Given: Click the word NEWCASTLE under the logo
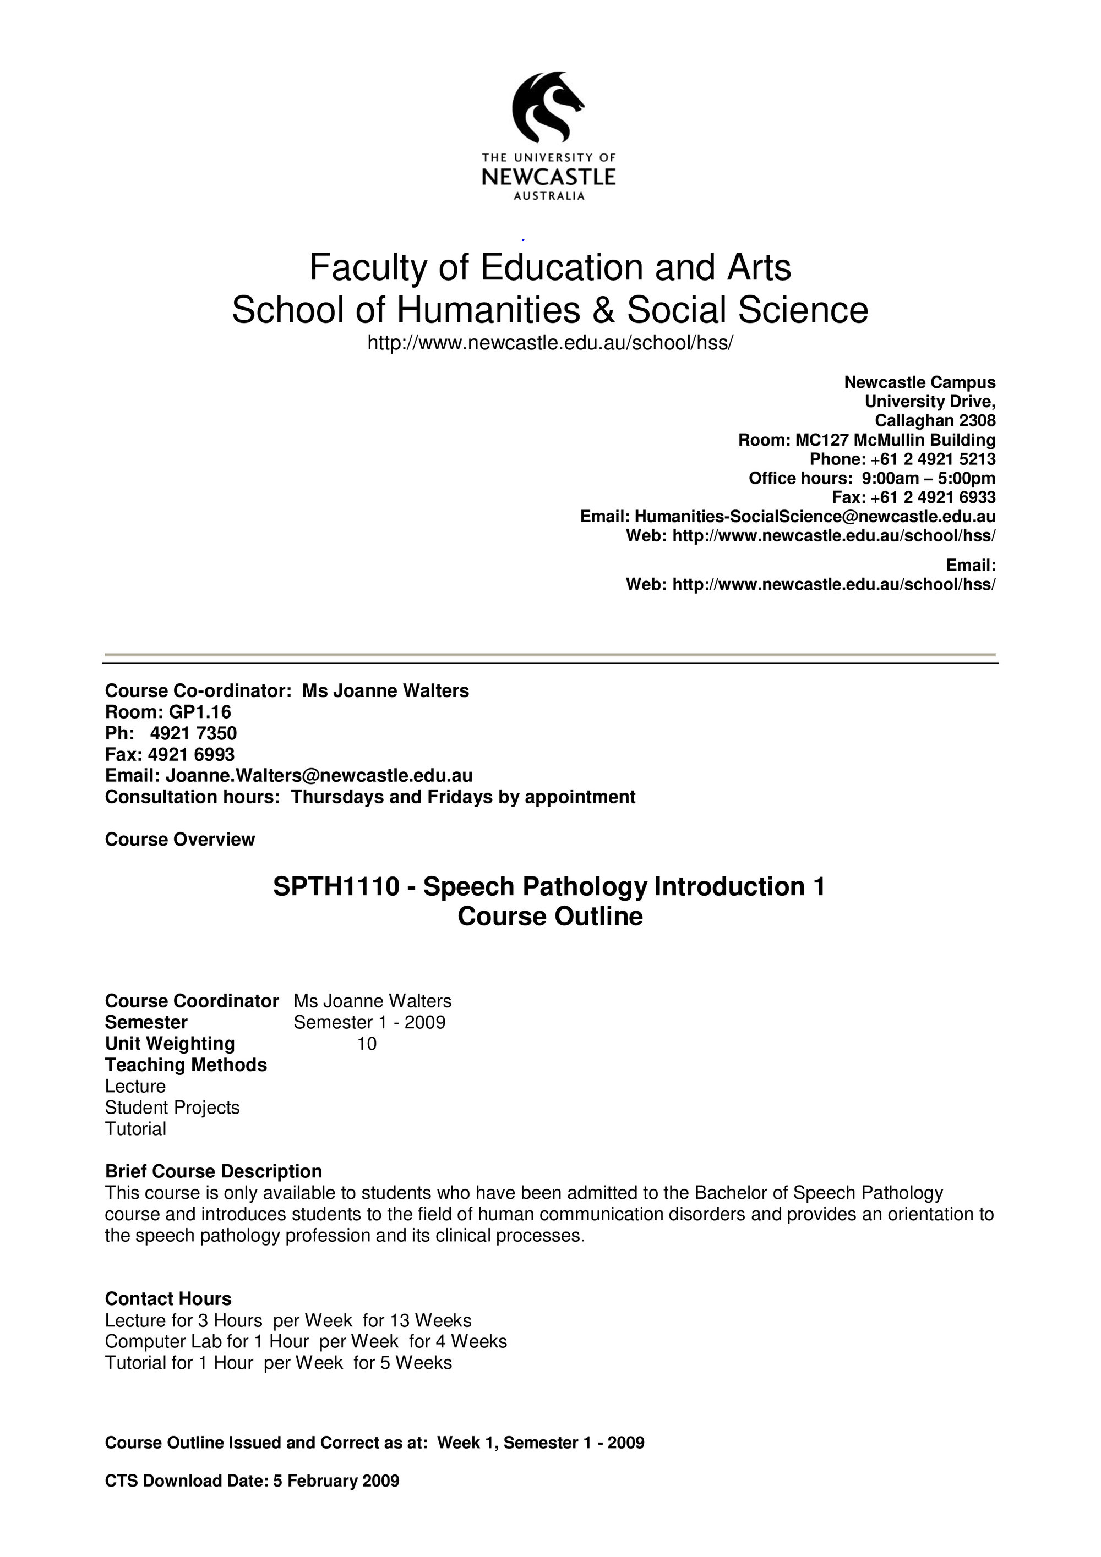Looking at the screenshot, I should click(x=548, y=178).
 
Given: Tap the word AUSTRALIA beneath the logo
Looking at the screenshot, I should click(x=549, y=196).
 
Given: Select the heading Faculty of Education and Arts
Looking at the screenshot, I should click(x=550, y=267).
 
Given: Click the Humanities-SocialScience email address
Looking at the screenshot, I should click(x=815, y=517).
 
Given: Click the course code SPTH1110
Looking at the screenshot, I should click(x=336, y=887).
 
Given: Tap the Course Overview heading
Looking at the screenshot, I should click(x=180, y=840).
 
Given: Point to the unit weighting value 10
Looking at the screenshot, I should click(x=366, y=1044).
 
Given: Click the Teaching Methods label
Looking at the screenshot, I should click(x=186, y=1065).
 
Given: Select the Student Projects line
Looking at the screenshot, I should click(x=172, y=1108).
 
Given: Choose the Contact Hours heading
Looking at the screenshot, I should click(x=168, y=1298).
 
